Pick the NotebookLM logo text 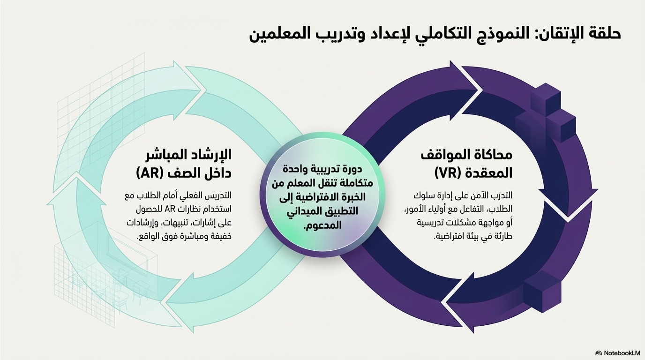coord(622,353)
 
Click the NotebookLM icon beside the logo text coord(599,353)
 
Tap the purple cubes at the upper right coord(547,112)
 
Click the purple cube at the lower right coord(541,291)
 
